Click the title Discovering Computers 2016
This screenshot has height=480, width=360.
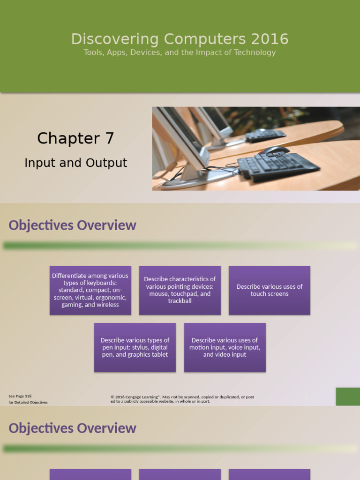pyautogui.click(x=180, y=39)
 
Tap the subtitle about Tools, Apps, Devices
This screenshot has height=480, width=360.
pyautogui.click(x=180, y=52)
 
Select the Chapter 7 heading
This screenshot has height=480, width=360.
pyautogui.click(x=75, y=138)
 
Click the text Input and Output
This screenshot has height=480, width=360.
pyautogui.click(x=75, y=163)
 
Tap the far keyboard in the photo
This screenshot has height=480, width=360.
pyautogui.click(x=265, y=135)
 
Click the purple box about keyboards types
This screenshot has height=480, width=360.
pyautogui.click(x=90, y=290)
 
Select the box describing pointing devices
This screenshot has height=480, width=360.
pyautogui.click(x=180, y=290)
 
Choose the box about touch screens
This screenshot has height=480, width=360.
pyautogui.click(x=270, y=290)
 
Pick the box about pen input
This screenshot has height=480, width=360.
pyautogui.click(x=135, y=347)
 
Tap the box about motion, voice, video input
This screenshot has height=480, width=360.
pyautogui.click(x=225, y=347)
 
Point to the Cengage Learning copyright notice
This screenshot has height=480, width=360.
pyautogui.click(x=182, y=399)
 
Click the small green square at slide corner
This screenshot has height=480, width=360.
pyautogui.click(x=348, y=397)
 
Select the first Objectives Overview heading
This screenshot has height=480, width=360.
pyautogui.click(x=72, y=225)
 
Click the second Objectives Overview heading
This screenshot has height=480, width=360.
pyautogui.click(x=72, y=428)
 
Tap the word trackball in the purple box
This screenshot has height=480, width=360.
pyautogui.click(x=180, y=301)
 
